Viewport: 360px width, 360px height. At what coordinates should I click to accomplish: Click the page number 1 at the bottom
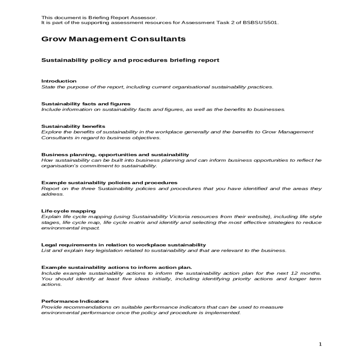(x=320, y=344)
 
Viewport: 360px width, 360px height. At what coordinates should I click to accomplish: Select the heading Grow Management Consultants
(x=113, y=39)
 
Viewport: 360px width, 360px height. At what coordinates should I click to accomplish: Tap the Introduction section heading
(x=59, y=81)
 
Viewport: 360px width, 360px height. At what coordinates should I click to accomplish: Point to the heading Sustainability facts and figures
(x=86, y=104)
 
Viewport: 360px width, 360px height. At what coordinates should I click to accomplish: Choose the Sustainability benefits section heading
(x=73, y=126)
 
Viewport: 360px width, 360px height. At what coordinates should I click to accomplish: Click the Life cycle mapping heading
(x=68, y=211)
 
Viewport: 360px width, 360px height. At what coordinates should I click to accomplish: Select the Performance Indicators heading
(x=75, y=301)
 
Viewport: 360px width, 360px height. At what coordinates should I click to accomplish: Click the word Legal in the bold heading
(x=48, y=245)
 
